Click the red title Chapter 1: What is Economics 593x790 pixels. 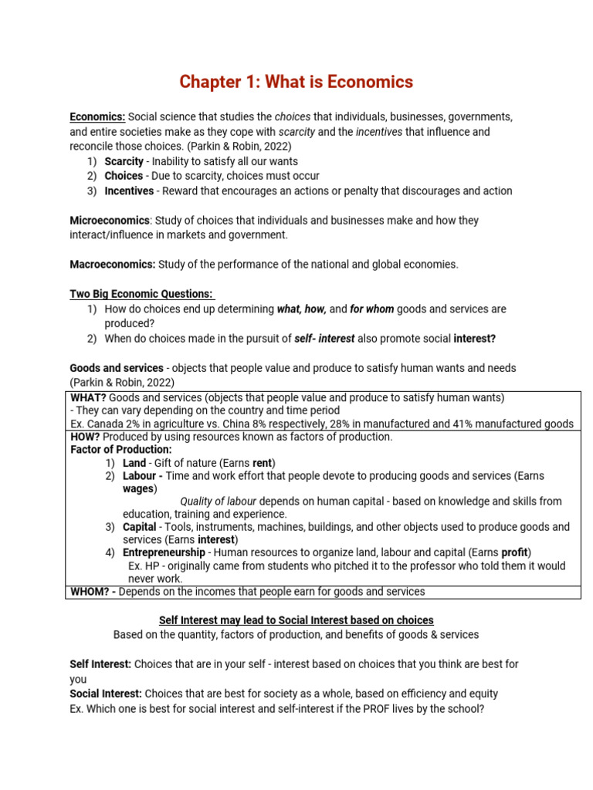296,82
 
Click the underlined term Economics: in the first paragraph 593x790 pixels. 97,116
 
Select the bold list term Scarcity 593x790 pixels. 124,161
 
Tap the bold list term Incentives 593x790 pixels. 129,191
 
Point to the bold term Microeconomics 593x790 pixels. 110,221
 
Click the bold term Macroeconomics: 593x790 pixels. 113,265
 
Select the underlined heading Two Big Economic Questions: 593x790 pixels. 142,294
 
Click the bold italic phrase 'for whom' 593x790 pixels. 371,309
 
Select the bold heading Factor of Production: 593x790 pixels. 121,449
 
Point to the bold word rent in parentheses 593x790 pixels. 263,463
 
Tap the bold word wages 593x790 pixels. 138,488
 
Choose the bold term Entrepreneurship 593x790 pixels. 164,552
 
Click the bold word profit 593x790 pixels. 514,552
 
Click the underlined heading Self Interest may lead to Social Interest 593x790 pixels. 296,620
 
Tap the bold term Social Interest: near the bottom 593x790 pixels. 105,694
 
